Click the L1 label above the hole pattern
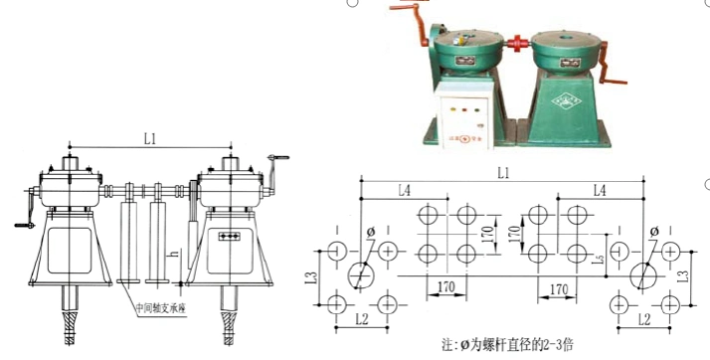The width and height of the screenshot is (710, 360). pyautogui.click(x=504, y=173)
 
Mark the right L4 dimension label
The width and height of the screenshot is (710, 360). pyautogui.click(x=600, y=189)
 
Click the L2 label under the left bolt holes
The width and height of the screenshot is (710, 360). pyautogui.click(x=361, y=319)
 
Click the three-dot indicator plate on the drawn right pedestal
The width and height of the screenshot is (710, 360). pyautogui.click(x=231, y=236)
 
